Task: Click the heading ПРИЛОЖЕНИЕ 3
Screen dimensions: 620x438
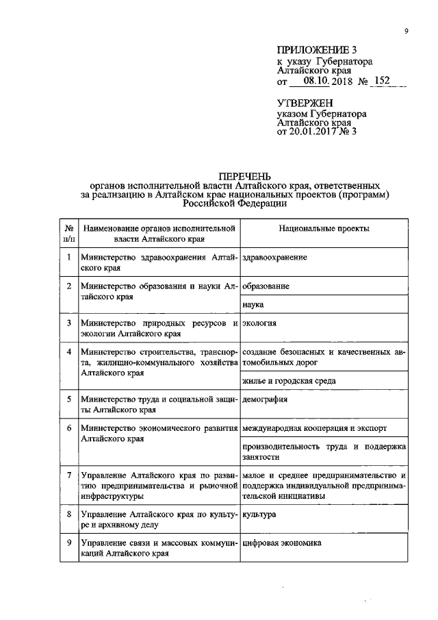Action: point(317,49)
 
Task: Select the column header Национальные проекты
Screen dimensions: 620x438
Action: point(324,227)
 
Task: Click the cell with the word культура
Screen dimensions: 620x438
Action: point(260,513)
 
